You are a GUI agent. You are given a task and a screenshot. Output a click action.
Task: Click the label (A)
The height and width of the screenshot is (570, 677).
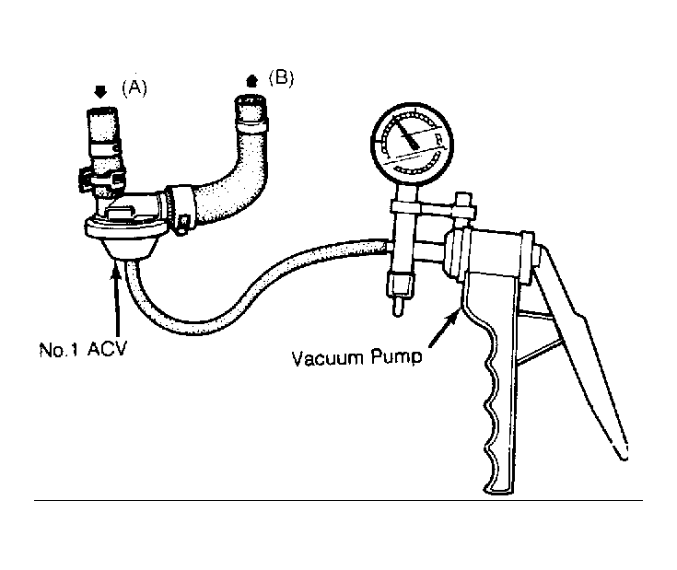(x=134, y=87)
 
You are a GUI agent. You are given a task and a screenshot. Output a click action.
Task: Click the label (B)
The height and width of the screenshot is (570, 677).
(x=281, y=78)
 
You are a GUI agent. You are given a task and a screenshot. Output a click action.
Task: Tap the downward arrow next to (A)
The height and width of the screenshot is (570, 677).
(x=100, y=92)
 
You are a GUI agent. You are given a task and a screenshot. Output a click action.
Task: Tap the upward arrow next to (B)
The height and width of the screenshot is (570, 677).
(x=251, y=81)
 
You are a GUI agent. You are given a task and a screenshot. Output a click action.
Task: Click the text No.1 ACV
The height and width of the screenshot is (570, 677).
(x=83, y=350)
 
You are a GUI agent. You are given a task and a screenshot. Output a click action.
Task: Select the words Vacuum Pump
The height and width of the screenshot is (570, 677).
(x=356, y=358)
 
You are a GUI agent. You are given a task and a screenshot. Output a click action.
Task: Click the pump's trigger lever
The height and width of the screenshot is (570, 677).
(x=583, y=345)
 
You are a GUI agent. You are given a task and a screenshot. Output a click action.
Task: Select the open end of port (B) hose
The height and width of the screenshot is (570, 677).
(x=250, y=100)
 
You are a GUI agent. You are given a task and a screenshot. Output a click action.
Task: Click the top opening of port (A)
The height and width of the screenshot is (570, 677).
(x=102, y=110)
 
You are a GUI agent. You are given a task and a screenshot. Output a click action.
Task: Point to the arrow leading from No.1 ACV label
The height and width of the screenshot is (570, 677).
(x=116, y=302)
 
